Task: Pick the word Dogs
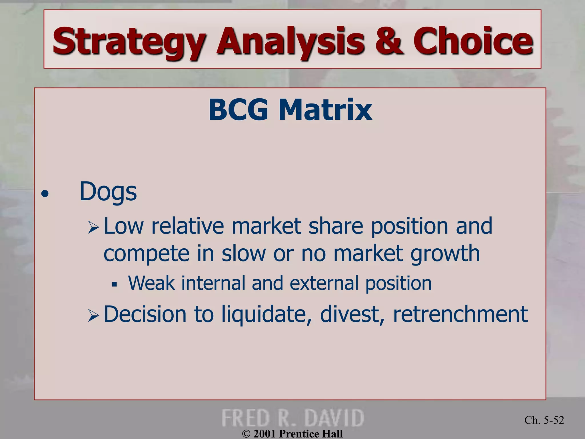click(x=108, y=192)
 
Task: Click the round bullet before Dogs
click(x=45, y=194)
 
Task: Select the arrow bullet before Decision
click(x=93, y=316)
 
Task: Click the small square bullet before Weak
click(x=115, y=284)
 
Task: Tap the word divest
click(x=353, y=314)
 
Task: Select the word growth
click(x=445, y=254)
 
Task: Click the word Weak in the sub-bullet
click(x=151, y=283)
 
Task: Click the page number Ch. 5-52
click(x=544, y=420)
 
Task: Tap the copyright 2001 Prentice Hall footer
click(x=292, y=434)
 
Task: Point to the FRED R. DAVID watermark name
click(x=292, y=418)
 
